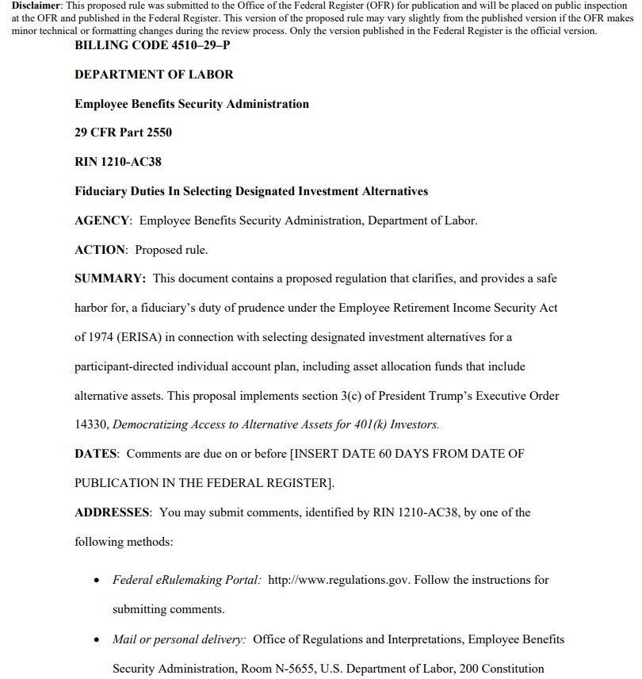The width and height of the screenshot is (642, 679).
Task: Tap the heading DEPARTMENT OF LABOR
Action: (x=154, y=75)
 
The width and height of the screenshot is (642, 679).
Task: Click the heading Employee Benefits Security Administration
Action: (x=191, y=104)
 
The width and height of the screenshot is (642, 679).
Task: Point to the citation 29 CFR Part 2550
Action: (x=123, y=132)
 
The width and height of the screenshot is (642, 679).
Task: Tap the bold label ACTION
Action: (x=100, y=250)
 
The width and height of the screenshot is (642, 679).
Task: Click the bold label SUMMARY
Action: (x=109, y=278)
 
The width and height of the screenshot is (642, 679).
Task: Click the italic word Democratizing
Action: (x=151, y=424)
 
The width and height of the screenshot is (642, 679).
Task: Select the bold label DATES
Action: (x=95, y=454)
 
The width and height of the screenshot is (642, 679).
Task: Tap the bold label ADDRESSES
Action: (x=112, y=512)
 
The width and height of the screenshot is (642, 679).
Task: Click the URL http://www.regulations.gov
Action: (x=338, y=580)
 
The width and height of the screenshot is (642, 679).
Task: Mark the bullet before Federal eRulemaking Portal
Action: (x=96, y=581)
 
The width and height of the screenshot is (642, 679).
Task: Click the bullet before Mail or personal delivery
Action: (x=96, y=639)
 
